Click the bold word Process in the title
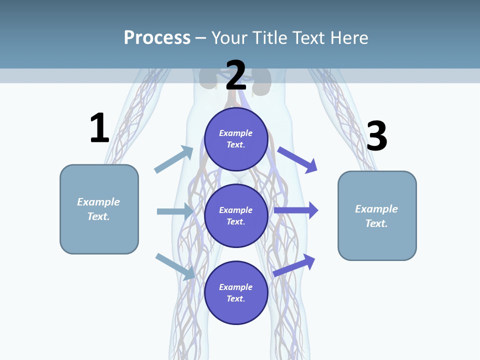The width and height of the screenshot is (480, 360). click(157, 37)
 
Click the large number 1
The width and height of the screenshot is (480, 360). click(99, 128)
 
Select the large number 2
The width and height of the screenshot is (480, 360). click(236, 75)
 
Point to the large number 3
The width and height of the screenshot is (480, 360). click(376, 136)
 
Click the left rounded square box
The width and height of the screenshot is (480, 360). click(99, 209)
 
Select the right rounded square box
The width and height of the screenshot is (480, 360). click(377, 215)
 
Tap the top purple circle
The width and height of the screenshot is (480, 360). click(236, 139)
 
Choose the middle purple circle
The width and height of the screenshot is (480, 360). click(236, 215)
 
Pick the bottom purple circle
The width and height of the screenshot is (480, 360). click(236, 292)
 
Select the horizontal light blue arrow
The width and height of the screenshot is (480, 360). click(175, 211)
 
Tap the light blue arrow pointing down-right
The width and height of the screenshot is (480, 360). click(175, 266)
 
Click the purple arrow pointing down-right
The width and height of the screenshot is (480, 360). click(297, 160)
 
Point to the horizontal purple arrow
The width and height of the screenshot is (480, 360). click(296, 210)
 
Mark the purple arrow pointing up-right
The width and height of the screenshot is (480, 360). click(294, 265)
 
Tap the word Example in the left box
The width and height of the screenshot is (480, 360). click(98, 202)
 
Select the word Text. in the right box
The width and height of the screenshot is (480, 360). click(376, 223)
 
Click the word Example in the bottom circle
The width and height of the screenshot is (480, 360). click(236, 287)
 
